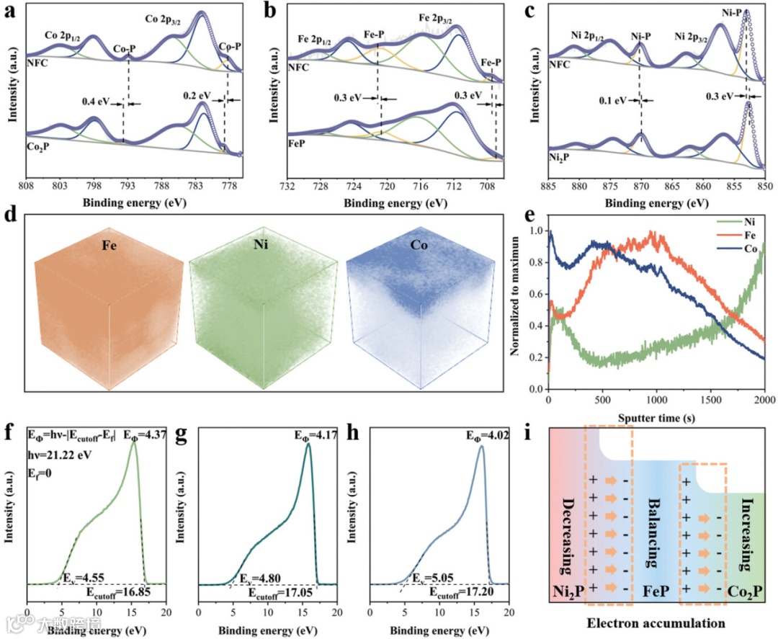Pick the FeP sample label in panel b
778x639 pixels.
click(297, 143)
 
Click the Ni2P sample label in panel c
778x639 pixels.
click(558, 156)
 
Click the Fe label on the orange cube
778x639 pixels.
click(107, 253)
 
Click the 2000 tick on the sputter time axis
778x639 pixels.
click(764, 400)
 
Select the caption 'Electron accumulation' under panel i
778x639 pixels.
click(653, 622)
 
